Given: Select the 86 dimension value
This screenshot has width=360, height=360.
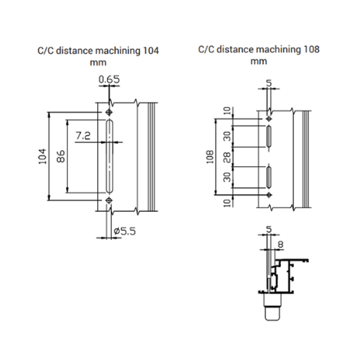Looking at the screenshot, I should (60, 157).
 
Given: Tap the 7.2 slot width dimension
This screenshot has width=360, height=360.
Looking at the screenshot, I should (83, 136).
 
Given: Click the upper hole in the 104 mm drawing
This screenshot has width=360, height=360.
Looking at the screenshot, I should (109, 113).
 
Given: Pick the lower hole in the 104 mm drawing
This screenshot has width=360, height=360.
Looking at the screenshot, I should (109, 200).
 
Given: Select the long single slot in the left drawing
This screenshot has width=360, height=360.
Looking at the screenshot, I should (109, 156).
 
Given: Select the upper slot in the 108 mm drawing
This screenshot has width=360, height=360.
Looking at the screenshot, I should (269, 136).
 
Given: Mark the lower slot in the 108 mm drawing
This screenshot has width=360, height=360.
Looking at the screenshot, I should (269, 178).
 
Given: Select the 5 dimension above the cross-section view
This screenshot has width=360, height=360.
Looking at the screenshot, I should (268, 229).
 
